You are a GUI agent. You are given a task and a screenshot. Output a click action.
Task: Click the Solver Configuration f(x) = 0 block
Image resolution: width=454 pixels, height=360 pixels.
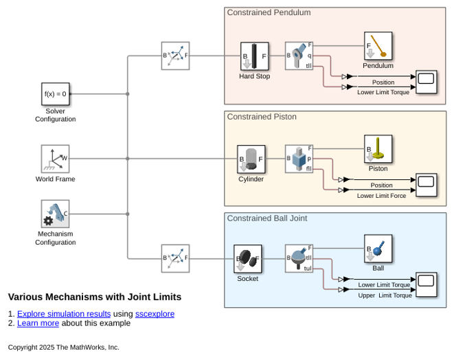[56, 94]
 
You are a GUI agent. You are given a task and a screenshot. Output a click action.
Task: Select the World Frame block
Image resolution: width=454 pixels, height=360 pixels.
[56, 159]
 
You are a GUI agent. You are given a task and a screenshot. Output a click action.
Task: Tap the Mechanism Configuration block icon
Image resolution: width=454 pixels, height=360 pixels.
[56, 214]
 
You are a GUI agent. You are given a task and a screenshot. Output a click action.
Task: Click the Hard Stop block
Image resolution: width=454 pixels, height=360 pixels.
[255, 56]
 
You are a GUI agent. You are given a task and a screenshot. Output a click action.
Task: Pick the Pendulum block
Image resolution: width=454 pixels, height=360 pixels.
[378, 46]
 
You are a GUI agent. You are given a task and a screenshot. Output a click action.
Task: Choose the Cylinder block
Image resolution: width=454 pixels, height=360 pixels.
[251, 159]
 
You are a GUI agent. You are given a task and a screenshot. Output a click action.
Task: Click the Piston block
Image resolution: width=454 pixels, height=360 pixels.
[378, 149]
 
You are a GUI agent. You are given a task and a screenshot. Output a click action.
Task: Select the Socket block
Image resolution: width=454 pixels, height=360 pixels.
[247, 259]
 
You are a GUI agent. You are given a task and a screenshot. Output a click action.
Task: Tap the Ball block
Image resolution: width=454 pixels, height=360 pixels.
[378, 249]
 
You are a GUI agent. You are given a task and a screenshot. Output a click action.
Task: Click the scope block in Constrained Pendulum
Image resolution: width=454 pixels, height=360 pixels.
[427, 82]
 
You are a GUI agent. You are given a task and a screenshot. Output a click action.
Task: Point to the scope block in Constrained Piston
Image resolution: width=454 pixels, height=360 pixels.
[427, 185]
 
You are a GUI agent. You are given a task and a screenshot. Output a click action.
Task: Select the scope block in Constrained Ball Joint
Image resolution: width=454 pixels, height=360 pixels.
[427, 284]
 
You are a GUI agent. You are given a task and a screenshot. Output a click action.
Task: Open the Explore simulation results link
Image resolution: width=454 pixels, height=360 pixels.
[64, 314]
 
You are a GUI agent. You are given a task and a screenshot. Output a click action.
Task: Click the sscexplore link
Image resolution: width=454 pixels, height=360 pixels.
[155, 314]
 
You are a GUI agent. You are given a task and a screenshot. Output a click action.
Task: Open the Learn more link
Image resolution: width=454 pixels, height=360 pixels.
[38, 323]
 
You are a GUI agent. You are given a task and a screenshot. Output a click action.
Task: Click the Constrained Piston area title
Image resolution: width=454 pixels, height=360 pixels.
[262, 117]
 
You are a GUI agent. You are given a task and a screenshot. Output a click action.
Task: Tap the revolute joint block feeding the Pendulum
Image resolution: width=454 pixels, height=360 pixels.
[299, 56]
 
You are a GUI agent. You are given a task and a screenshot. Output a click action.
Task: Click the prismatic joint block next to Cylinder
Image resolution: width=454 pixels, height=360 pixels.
[299, 159]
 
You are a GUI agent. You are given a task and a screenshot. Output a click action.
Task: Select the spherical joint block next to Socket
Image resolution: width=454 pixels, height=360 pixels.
[299, 258]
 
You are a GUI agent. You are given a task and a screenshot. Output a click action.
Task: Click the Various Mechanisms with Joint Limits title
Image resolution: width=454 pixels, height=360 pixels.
[95, 297]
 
